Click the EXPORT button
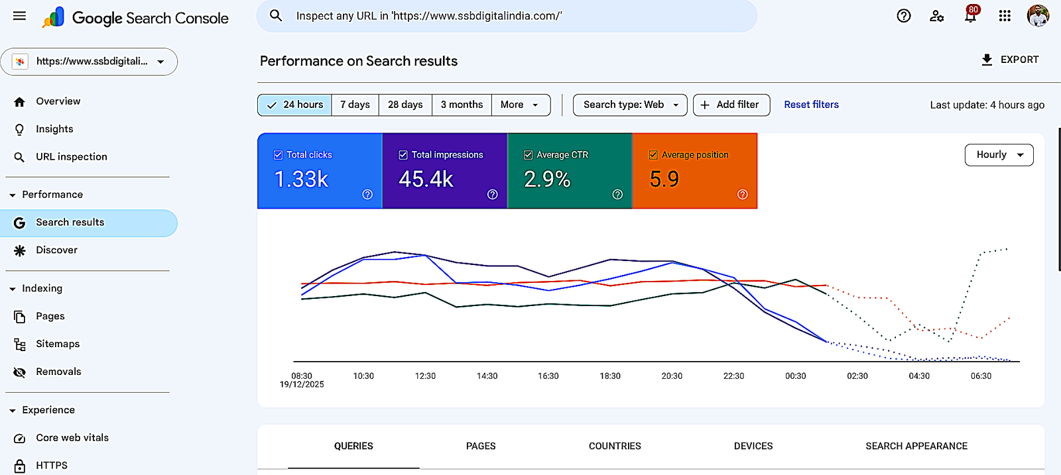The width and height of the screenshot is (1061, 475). [x=1009, y=60]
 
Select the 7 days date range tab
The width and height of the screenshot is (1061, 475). [x=355, y=105]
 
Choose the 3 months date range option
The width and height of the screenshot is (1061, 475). [x=462, y=105]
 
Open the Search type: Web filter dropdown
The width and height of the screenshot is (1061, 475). [x=629, y=105]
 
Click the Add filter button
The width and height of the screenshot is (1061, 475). [x=731, y=105]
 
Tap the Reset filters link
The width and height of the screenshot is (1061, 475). [x=811, y=105]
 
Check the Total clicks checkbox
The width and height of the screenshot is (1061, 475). [x=279, y=155]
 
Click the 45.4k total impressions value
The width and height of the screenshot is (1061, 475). [x=426, y=179]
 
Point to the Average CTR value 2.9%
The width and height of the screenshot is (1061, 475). [x=547, y=179]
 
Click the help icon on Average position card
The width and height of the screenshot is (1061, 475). [x=742, y=194]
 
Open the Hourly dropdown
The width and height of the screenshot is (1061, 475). [x=999, y=155]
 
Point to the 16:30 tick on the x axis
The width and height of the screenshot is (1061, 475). [x=548, y=376]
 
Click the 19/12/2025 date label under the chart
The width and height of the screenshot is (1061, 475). [x=302, y=384]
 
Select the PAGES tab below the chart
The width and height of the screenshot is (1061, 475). [x=481, y=446]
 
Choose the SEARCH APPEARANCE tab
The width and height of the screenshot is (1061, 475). [x=916, y=446]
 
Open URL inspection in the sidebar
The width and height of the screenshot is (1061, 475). [x=71, y=157]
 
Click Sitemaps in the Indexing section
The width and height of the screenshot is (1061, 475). [x=58, y=344]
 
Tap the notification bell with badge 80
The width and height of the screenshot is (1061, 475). [x=970, y=16]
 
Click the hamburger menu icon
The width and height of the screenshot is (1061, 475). [x=19, y=16]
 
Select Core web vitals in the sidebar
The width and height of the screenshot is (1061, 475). [x=72, y=438]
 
